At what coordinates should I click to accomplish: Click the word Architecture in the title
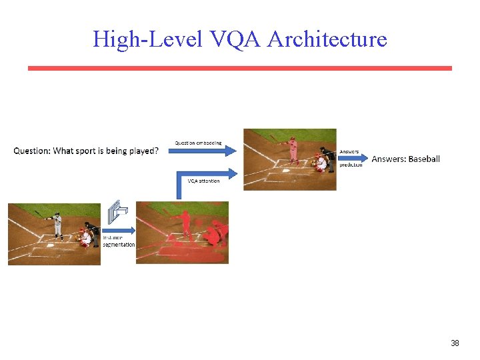coord(327,39)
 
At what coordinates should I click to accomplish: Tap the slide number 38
coord(455,343)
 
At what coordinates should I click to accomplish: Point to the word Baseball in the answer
coord(424,159)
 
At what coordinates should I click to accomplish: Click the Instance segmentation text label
coord(119,241)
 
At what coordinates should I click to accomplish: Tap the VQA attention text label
coord(203,181)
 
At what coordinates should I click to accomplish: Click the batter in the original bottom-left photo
coord(58,225)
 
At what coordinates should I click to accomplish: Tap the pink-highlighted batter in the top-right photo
coord(293,150)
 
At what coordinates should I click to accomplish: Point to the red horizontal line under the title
coord(239,68)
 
